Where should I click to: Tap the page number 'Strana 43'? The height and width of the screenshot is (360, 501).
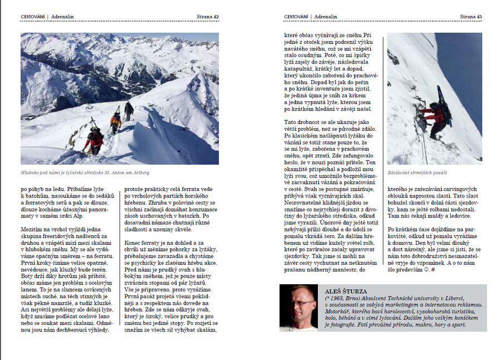[x=471, y=17]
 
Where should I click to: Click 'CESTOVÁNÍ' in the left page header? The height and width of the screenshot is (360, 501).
[x=33, y=17]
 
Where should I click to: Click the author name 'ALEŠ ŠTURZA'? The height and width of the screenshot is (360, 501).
[x=346, y=291]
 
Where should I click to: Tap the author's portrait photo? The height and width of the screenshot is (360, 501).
[x=298, y=308]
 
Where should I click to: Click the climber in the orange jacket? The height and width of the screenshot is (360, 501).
[x=116, y=121]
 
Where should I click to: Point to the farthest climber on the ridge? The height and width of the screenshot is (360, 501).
[x=129, y=110]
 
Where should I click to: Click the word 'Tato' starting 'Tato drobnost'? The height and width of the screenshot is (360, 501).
[x=291, y=121]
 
